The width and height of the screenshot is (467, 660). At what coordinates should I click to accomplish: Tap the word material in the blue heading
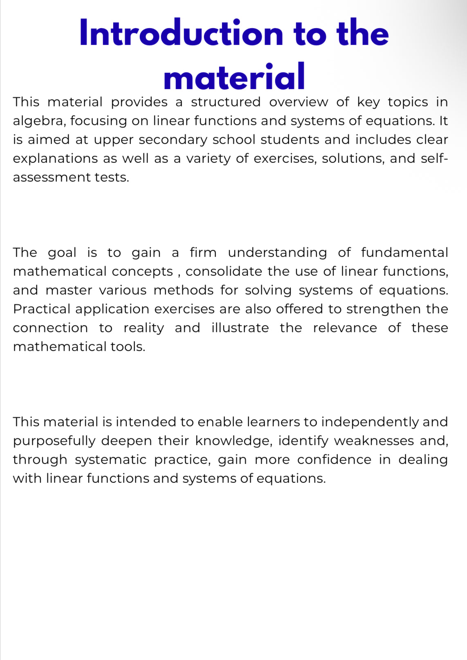tap(234, 77)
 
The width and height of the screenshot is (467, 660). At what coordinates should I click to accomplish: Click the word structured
tap(225, 102)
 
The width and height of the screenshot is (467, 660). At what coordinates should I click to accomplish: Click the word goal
tap(62, 253)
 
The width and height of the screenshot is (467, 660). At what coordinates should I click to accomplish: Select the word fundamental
tap(404, 252)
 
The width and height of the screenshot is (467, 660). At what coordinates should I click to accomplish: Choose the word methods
tap(183, 290)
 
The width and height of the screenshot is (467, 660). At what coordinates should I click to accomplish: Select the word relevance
tap(345, 328)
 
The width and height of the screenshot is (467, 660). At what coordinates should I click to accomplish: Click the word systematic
tap(110, 460)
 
